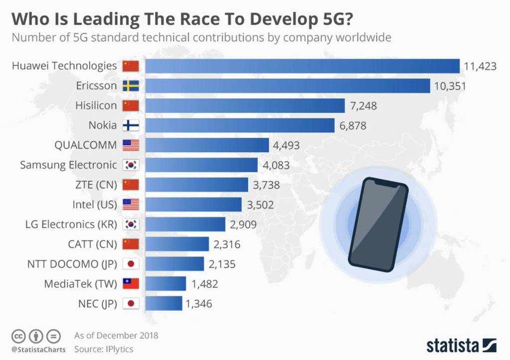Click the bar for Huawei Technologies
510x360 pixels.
pyautogui.click(x=302, y=66)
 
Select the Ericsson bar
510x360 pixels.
pyautogui.click(x=287, y=86)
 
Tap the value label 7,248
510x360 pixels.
pyautogui.click(x=364, y=106)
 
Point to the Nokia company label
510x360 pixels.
pyautogui.click(x=103, y=125)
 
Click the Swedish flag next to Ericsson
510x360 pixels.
pyautogui.click(x=130, y=86)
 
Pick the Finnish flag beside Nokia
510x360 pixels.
pyautogui.click(x=130, y=125)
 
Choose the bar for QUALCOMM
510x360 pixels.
pyautogui.click(x=207, y=145)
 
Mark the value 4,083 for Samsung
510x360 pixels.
pyautogui.click(x=276, y=165)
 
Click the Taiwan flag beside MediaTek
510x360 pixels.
pyautogui.click(x=130, y=284)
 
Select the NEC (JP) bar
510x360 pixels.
pyautogui.click(x=164, y=304)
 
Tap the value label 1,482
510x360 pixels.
pyautogui.click(x=204, y=284)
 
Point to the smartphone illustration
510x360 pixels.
pyautogui.click(x=378, y=224)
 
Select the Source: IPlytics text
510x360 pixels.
pyautogui.click(x=104, y=349)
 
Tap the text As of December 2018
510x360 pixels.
pyautogui.click(x=116, y=335)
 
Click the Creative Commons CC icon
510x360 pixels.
pyautogui.click(x=18, y=336)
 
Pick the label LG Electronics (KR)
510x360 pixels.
pyautogui.click(x=71, y=225)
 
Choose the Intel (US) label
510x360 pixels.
pyautogui.click(x=95, y=205)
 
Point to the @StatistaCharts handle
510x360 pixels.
pyautogui.click(x=38, y=350)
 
